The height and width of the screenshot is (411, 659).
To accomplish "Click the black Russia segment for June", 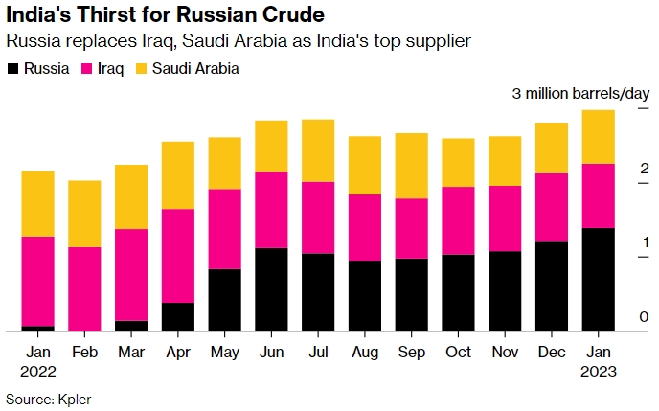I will (272, 289).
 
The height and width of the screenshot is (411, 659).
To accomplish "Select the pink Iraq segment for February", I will (84, 288).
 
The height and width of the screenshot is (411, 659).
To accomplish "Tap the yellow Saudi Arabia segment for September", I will (412, 166).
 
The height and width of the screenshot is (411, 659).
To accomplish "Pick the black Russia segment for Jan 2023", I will (599, 279).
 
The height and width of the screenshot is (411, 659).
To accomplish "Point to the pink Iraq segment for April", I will (178, 256).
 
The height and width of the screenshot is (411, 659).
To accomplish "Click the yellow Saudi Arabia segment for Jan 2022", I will (37, 203).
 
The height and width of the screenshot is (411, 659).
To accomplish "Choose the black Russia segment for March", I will (131, 326).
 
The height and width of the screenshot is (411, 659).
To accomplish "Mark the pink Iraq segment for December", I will (552, 208).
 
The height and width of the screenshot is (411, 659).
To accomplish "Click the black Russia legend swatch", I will (12, 69).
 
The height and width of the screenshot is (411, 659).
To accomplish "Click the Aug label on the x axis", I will (365, 352).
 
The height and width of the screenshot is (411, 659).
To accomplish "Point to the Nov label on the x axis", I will (505, 352).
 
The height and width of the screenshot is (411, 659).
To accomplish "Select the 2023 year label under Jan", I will (599, 371).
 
